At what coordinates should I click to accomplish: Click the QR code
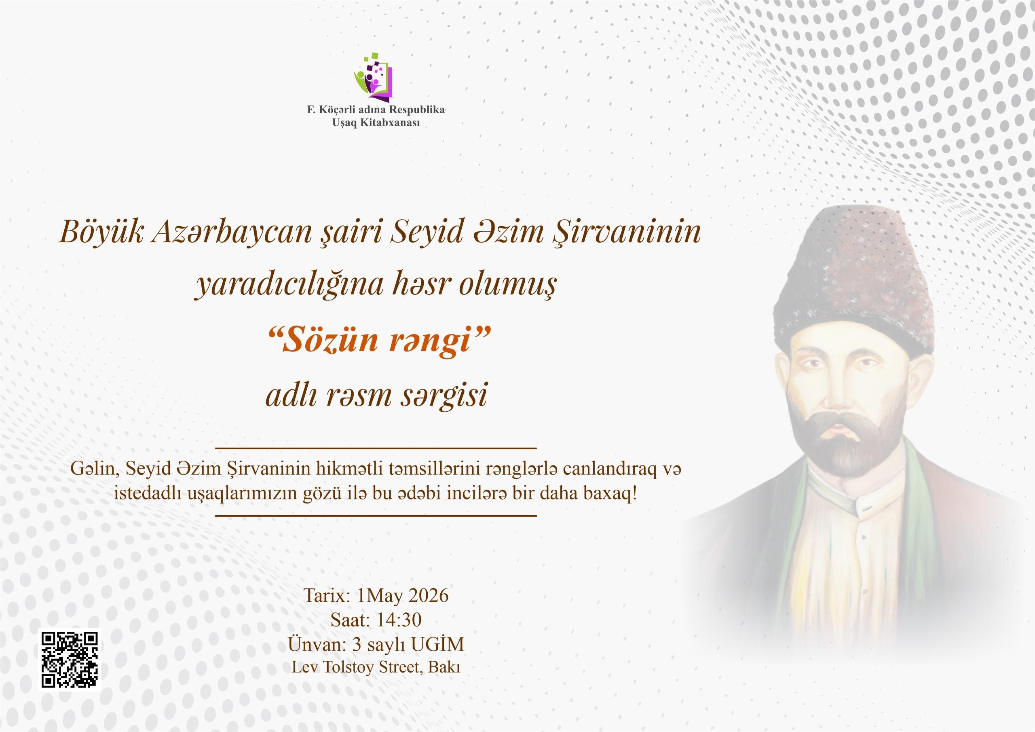70,659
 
